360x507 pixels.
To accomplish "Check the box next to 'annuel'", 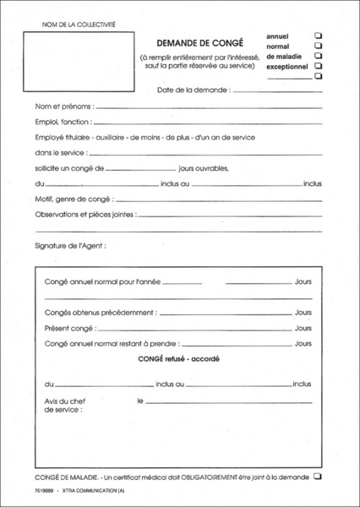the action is [x=319, y=35].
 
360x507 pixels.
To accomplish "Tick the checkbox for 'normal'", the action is [x=319, y=46].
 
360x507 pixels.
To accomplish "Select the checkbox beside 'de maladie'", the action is [x=319, y=55].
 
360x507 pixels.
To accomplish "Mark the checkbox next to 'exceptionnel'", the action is [x=319, y=65].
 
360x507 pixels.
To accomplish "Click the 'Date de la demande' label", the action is [x=193, y=89].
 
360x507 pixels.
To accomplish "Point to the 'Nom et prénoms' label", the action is [x=64, y=107].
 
